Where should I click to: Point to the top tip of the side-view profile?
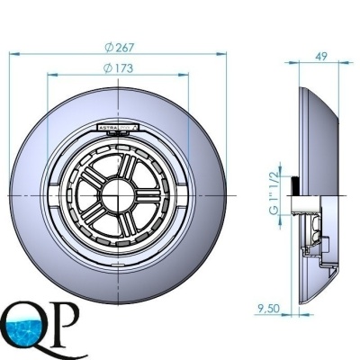[298, 79]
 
